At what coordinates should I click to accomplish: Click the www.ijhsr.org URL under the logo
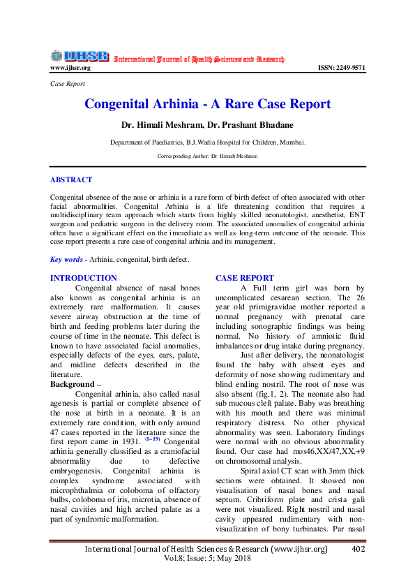[70, 68]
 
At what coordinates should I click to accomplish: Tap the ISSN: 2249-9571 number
[341, 68]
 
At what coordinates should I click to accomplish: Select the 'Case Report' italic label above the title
[68, 84]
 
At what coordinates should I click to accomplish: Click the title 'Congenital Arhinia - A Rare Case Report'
[207, 105]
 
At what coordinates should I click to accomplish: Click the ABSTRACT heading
[71, 179]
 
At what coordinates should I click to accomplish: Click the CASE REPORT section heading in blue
[245, 278]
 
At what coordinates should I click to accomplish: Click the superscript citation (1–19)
[152, 438]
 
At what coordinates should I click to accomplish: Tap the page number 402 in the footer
[359, 550]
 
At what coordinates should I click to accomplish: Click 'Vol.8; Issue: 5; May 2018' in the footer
[206, 560]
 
